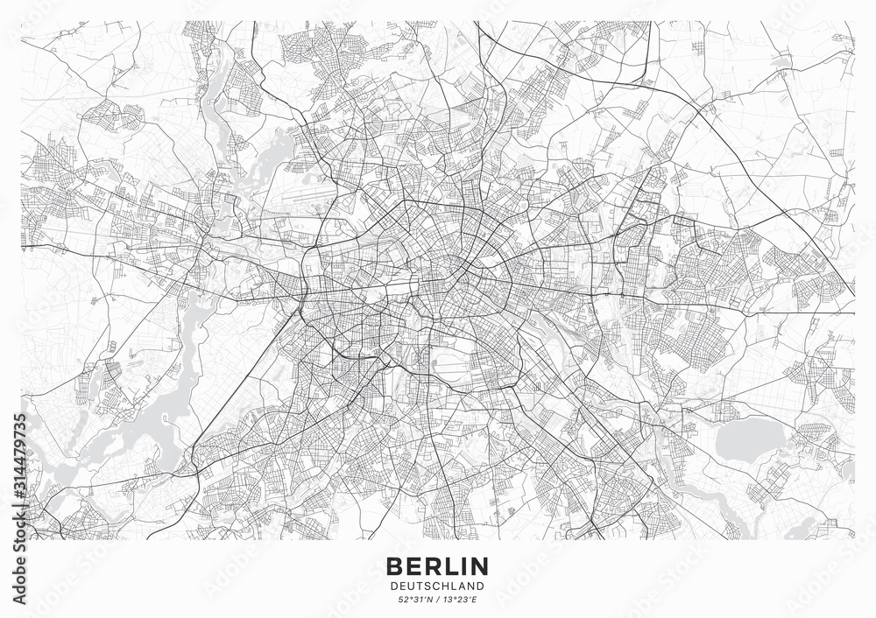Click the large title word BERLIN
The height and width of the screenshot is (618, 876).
(x=437, y=564)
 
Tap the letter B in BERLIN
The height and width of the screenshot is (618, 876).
(x=392, y=564)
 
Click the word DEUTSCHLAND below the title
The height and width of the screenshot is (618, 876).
(x=437, y=584)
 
